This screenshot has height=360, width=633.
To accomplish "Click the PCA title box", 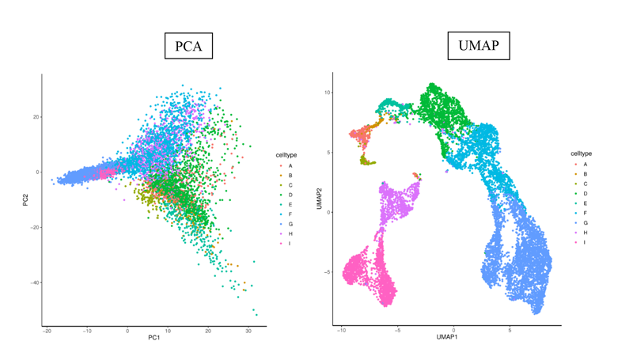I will click(189, 46).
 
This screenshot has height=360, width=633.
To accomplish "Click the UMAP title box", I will click(479, 46).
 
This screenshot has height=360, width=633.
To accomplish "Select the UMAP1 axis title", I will click(447, 338).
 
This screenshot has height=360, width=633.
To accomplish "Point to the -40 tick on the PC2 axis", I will click(35, 282).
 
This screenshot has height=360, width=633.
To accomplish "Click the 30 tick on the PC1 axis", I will click(248, 332).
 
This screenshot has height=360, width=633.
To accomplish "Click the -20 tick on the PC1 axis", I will click(47, 332).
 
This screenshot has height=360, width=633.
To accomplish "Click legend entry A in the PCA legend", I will click(286, 165).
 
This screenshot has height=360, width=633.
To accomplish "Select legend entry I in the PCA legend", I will click(286, 243).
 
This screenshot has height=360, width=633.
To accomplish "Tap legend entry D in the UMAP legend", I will click(580, 193).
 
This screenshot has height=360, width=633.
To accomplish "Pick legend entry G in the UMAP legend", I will click(580, 222).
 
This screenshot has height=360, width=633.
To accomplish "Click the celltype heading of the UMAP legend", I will click(580, 153).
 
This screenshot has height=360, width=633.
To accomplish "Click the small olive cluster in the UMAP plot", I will click(366, 161).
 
